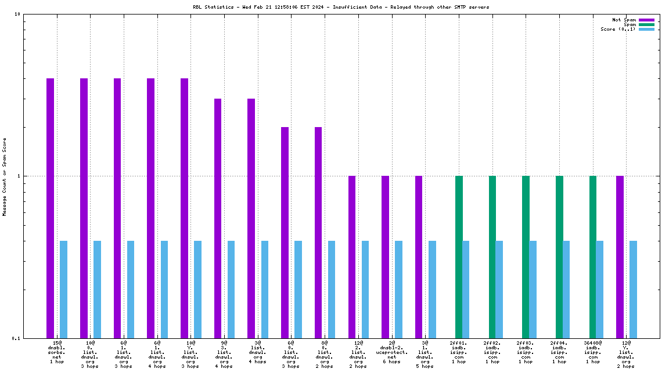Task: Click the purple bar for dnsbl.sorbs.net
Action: click(51, 208)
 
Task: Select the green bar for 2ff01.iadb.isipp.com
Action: click(459, 256)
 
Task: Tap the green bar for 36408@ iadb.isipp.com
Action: click(593, 256)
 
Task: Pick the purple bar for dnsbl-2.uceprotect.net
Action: click(385, 256)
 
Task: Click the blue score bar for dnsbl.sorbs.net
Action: click(64, 289)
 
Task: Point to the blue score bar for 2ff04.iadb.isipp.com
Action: click(566, 289)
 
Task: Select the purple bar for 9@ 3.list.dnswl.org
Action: click(218, 218)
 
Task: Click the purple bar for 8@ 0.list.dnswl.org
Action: click(318, 232)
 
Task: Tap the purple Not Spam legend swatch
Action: click(646, 20)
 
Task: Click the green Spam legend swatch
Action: click(646, 24)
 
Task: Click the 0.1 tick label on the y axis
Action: click(16, 338)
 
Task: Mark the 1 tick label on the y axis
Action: click(19, 176)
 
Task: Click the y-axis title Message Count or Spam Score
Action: click(5, 177)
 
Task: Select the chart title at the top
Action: click(341, 7)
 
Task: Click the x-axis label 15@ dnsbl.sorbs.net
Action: click(57, 352)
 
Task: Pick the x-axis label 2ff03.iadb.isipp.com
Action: click(526, 352)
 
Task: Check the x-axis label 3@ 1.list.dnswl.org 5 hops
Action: click(425, 355)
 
